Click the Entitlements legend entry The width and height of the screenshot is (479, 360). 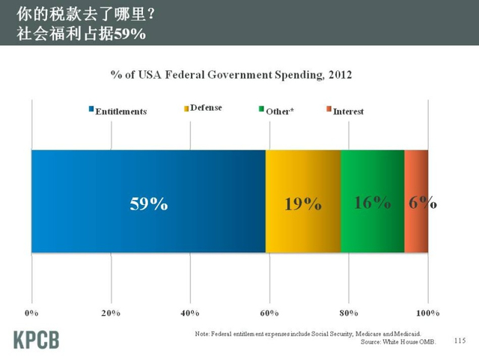[118, 111]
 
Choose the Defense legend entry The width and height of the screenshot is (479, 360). [202, 108]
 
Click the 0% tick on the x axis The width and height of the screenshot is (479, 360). [31, 311]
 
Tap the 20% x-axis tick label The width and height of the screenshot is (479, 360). [111, 311]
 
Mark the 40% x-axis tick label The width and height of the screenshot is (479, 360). [190, 311]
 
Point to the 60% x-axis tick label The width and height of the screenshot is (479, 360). [269, 311]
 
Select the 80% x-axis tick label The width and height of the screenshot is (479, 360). [349, 311]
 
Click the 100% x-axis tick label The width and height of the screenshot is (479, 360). [428, 311]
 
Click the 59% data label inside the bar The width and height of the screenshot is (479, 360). [148, 204]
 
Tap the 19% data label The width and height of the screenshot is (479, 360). [302, 204]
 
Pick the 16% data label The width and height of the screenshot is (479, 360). [372, 202]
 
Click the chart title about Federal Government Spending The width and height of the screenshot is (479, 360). [231, 76]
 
